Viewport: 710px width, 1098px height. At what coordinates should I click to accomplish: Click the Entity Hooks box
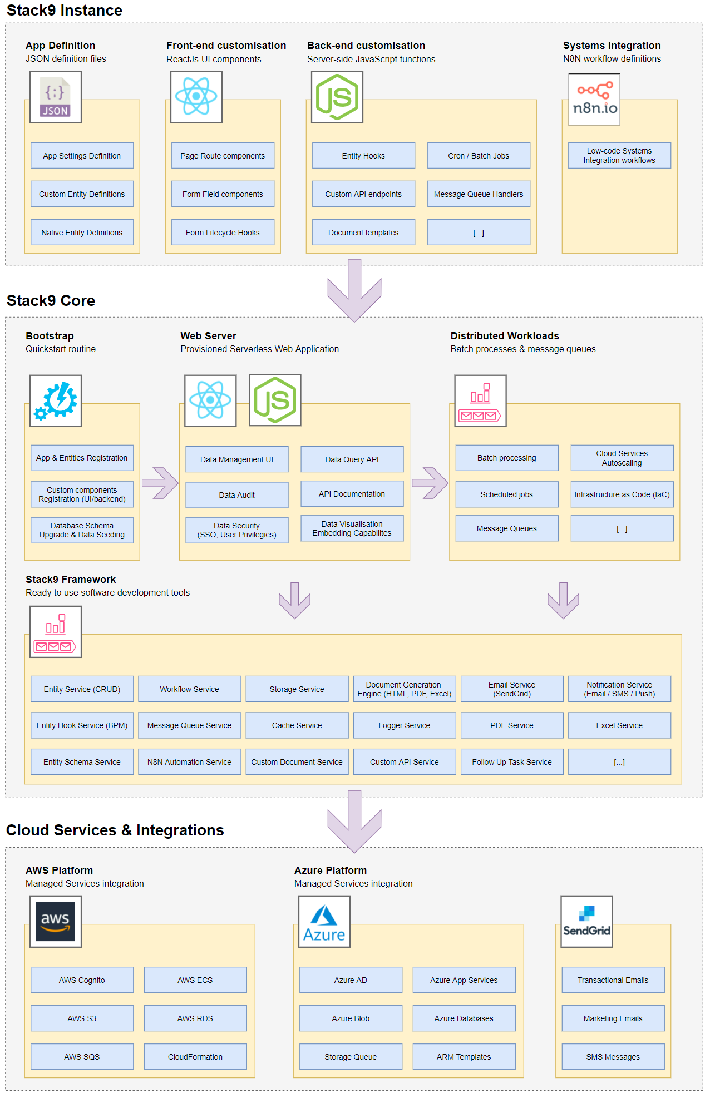[x=363, y=156]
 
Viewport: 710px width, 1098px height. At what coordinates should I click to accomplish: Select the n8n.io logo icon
[x=594, y=100]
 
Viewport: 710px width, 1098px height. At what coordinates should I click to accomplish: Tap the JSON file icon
[x=55, y=97]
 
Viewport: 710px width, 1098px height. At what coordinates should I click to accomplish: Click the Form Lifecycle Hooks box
[x=223, y=233]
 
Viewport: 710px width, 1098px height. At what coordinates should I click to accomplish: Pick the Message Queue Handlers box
[x=479, y=194]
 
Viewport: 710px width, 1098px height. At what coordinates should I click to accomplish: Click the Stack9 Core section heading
[x=51, y=301]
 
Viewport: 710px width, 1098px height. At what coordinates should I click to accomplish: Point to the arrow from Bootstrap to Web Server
[x=160, y=483]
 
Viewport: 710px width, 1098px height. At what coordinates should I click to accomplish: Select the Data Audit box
[x=236, y=495]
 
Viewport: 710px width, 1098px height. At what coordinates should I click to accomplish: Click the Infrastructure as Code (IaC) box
[x=622, y=494]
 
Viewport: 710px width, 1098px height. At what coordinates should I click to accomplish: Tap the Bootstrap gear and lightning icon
[x=55, y=400]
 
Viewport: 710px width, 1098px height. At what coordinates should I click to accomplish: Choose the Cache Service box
[x=297, y=725]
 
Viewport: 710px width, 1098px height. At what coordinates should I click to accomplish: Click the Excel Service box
[x=619, y=725]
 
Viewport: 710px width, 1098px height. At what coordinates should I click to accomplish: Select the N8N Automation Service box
[x=189, y=762]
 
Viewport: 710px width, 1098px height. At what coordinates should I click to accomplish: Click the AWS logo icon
[x=55, y=921]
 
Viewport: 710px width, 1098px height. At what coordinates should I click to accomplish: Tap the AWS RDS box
[x=195, y=1018]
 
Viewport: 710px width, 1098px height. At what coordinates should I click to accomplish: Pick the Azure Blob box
[x=351, y=1018]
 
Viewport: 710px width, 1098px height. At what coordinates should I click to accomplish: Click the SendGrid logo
[x=586, y=921]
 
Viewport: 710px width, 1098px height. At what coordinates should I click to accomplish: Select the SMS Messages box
[x=613, y=1057]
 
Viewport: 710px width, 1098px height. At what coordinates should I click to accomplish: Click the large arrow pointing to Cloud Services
[x=354, y=822]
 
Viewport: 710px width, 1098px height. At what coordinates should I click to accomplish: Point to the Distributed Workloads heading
[x=505, y=336]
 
